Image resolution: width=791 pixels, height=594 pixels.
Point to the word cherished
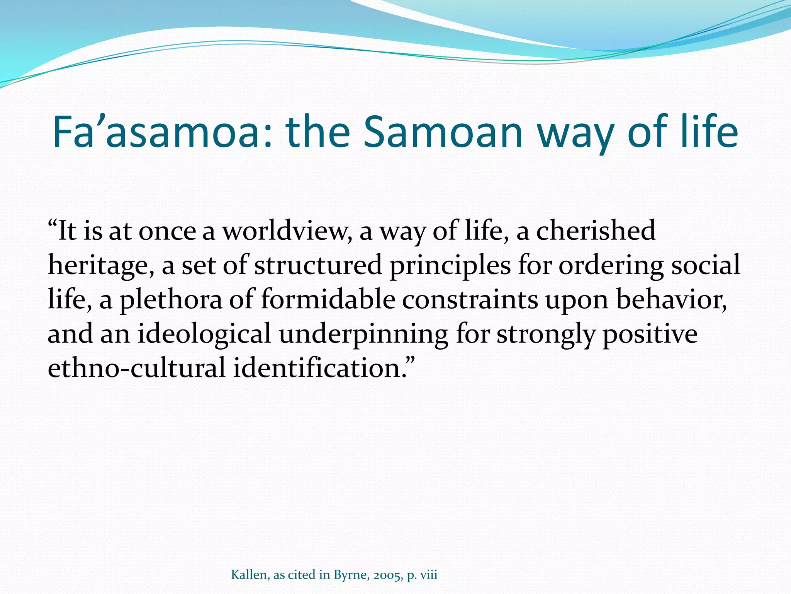click(596, 231)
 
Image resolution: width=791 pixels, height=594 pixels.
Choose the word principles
click(450, 266)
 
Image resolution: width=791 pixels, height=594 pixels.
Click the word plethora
click(171, 300)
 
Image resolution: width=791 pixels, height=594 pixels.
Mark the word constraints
click(470, 300)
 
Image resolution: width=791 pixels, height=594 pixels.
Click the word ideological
click(204, 334)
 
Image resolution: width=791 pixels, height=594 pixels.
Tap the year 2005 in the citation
click(388, 575)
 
